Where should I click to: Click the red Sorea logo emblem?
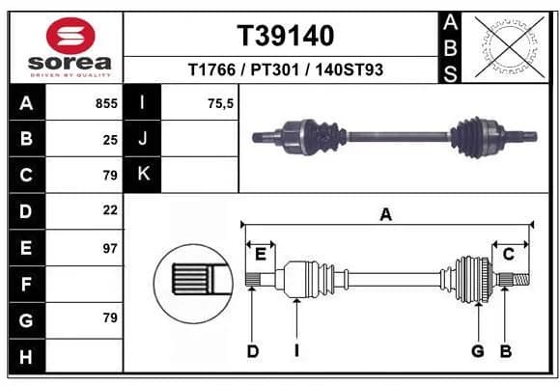pos(70,36)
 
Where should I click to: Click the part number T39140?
pos(286,36)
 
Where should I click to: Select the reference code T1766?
pos(211,69)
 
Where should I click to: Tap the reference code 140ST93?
pos(349,69)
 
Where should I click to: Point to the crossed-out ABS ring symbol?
pos(510,47)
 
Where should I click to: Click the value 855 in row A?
pos(106,103)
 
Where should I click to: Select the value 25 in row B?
pos(110,140)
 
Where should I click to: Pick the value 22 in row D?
pos(110,210)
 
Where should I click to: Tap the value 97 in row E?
pos(110,248)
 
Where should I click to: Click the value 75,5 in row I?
pos(221,103)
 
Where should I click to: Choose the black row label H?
pos(26,356)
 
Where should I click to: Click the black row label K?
pos(143,175)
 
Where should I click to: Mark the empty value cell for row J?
pos(200,139)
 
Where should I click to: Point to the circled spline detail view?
pos(193,284)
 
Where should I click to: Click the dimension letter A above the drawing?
pos(386,215)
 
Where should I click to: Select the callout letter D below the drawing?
pos(253,351)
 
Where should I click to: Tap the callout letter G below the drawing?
pos(478,351)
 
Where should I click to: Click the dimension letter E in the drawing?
pos(261,255)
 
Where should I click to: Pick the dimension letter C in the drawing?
pos(509,255)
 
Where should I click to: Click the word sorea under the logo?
pos(70,63)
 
